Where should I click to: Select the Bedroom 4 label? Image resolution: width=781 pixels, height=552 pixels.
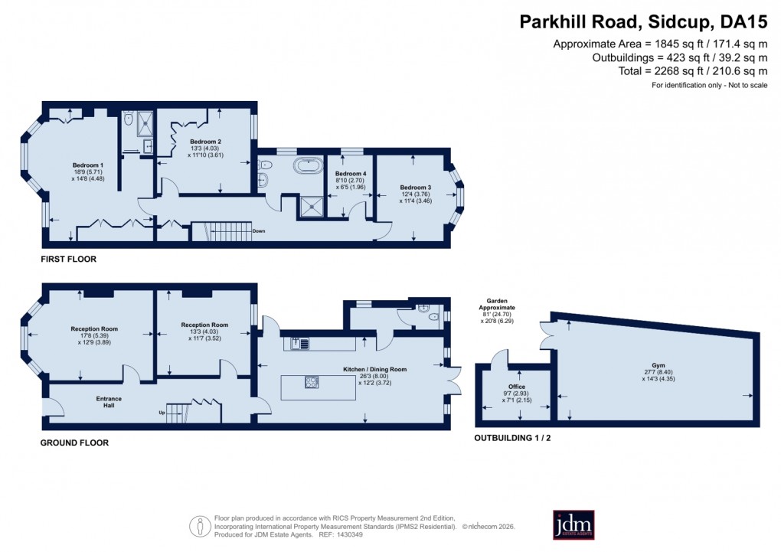348,174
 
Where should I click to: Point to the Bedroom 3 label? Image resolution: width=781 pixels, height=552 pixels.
414,187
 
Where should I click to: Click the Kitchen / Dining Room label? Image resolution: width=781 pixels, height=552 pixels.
374,369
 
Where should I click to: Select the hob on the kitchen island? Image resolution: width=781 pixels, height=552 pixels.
312,381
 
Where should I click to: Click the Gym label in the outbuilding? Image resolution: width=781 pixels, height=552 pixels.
658,365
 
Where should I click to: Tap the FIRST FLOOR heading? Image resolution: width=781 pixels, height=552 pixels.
69,260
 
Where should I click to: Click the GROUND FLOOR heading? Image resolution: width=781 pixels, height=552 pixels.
75,443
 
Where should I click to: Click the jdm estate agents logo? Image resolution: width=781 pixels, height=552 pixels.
573,524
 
